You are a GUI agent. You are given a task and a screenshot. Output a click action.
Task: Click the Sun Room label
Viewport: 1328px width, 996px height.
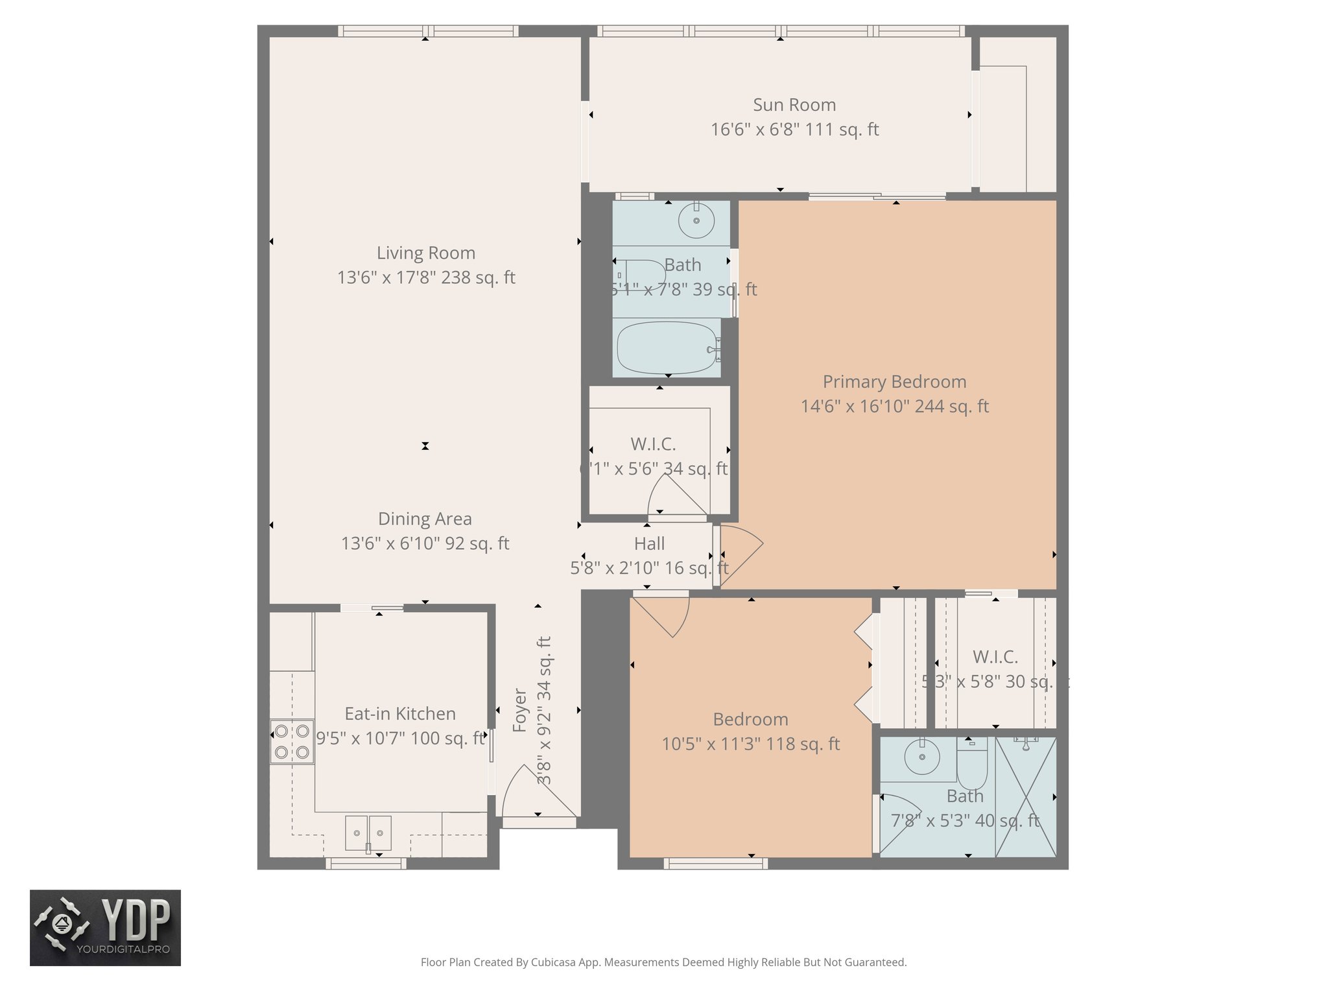794,104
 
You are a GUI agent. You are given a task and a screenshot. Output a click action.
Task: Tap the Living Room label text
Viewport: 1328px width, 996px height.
425,252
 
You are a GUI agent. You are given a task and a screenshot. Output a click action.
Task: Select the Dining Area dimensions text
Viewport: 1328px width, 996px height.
425,543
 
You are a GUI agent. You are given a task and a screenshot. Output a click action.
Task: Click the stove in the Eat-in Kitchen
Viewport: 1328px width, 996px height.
292,741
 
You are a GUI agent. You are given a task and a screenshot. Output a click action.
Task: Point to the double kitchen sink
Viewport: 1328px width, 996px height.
368,833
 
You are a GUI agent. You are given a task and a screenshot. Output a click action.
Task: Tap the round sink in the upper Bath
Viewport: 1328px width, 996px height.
696,220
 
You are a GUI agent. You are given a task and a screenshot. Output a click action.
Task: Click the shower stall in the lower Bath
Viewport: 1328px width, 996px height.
1025,797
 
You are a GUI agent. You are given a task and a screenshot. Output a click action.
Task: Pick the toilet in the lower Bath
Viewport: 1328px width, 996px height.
971,765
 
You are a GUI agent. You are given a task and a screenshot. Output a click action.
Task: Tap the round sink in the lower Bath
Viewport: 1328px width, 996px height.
921,756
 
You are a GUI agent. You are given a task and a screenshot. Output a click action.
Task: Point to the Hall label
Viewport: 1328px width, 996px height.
649,543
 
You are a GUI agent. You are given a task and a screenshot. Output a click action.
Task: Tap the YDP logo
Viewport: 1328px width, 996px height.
105,927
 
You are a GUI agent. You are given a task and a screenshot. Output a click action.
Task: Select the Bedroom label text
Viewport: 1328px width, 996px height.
750,719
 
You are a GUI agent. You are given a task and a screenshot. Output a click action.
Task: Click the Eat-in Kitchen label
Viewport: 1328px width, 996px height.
399,713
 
